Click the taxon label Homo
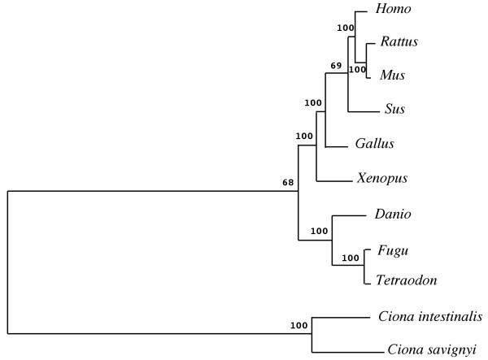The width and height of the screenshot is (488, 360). click(393, 10)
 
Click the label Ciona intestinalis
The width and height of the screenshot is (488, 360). click(431, 316)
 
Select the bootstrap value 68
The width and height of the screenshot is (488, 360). click(288, 182)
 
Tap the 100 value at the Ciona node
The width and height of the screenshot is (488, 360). click(298, 326)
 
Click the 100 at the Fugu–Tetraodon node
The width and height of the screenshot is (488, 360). click(351, 258)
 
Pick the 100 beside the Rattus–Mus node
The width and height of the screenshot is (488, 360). click(357, 70)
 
